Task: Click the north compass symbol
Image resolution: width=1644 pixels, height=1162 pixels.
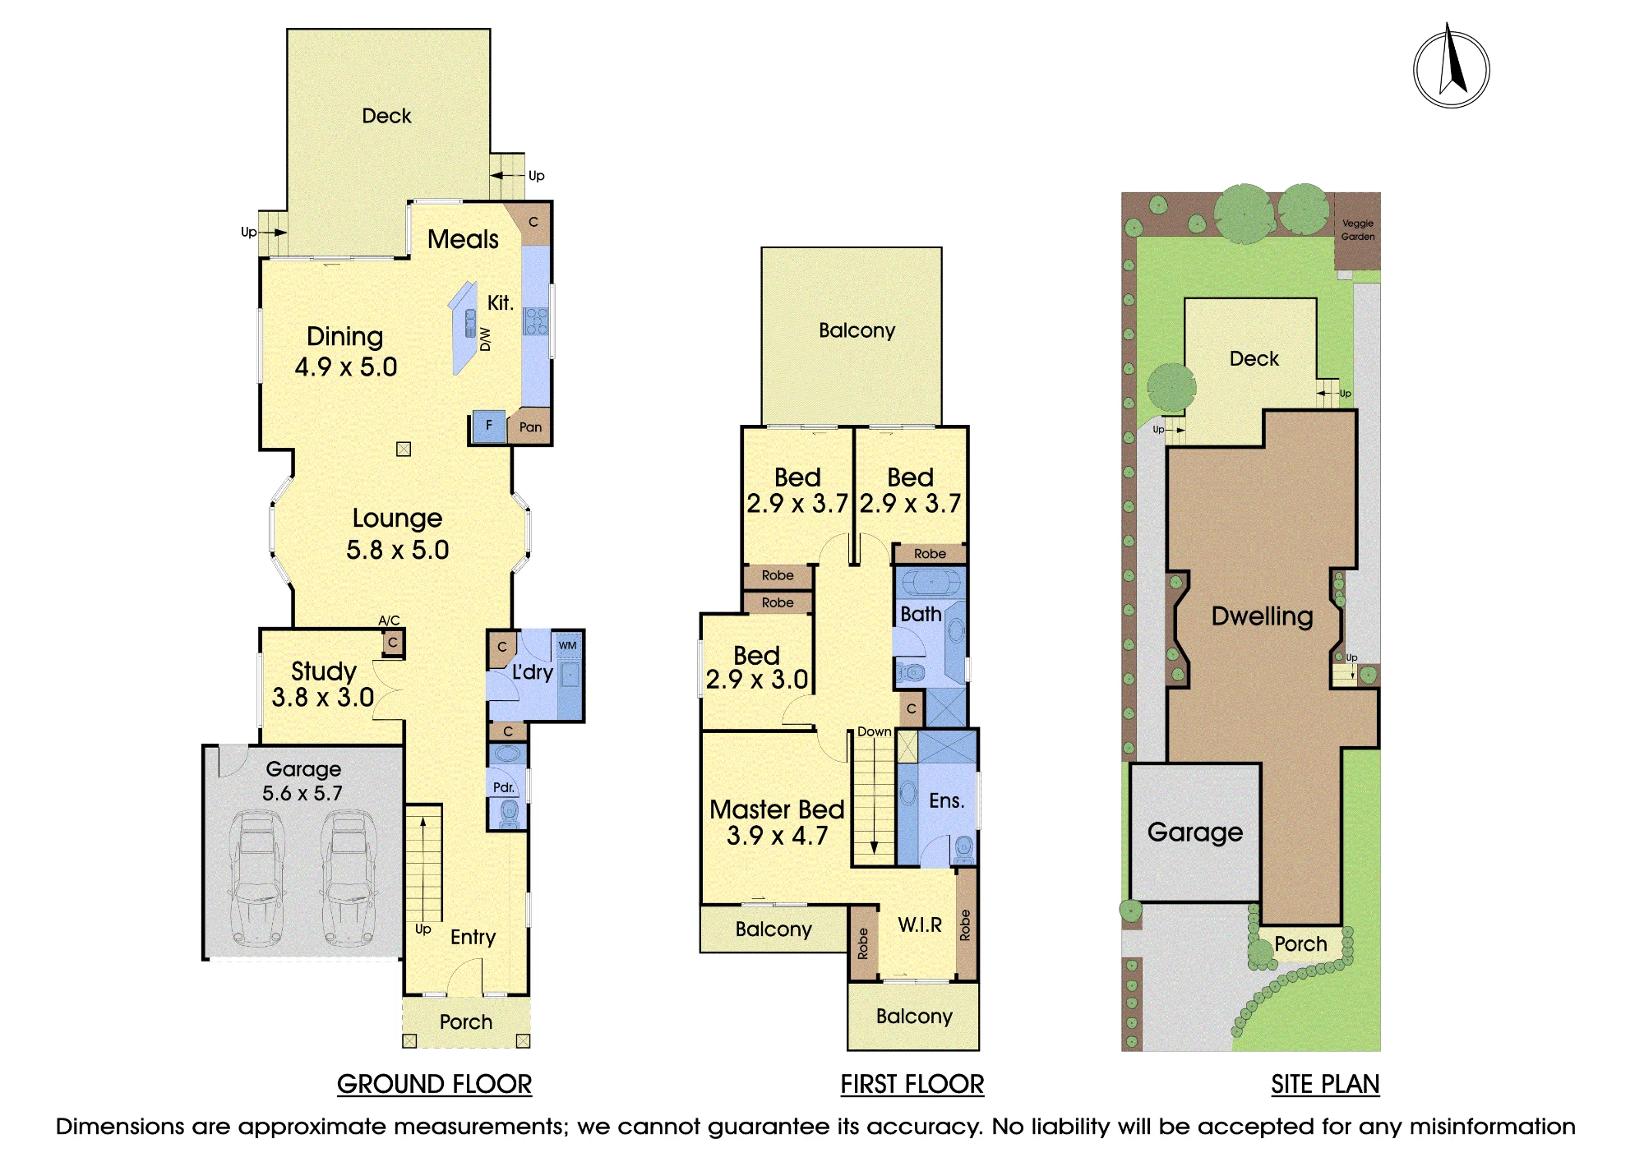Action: (1452, 66)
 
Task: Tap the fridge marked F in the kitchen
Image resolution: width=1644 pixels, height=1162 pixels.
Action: (489, 426)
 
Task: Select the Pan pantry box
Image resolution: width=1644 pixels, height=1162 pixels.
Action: (530, 427)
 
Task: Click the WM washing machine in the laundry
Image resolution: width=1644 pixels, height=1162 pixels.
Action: (568, 645)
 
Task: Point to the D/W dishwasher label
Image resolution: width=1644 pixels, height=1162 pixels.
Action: (485, 339)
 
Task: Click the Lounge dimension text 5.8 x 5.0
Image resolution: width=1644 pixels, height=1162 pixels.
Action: (398, 550)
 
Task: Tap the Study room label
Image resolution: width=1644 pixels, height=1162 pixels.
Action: (324, 671)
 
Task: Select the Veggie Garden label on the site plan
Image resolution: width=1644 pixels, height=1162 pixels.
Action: (1358, 230)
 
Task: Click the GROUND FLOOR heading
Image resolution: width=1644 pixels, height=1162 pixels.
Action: (435, 1084)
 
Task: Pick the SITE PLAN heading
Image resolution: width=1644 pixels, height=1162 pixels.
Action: (1325, 1084)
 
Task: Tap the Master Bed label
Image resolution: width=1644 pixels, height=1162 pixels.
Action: (777, 809)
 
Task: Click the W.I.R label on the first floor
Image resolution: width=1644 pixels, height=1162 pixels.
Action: (920, 925)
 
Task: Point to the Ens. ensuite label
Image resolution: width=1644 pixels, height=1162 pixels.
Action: (946, 800)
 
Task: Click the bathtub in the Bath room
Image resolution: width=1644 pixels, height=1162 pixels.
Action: (931, 583)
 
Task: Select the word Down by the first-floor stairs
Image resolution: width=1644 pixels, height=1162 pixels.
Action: (875, 731)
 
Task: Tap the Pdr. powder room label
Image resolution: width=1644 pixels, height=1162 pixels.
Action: (504, 787)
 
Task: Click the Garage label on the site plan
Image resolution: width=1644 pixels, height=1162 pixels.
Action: (1195, 832)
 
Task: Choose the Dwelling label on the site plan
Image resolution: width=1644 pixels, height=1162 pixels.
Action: (1263, 616)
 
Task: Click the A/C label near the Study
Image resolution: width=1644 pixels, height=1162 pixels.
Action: (389, 620)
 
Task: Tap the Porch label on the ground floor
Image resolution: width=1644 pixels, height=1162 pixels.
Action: (466, 1021)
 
